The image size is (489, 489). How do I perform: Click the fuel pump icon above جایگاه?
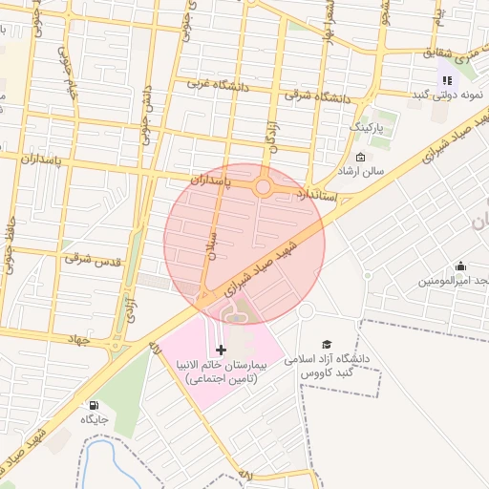tap(93, 404)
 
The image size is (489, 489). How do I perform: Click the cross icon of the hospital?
tap(222, 350)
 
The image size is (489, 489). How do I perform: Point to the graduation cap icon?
tap(328, 344)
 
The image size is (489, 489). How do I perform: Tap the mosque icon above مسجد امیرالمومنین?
tap(461, 266)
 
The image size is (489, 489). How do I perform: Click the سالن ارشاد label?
tap(359, 172)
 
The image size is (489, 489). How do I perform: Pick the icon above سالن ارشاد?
tap(360, 158)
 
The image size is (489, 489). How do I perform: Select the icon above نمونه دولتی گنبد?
tap(446, 80)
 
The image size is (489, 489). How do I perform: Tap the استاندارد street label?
tap(318, 194)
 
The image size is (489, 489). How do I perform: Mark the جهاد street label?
tap(77, 339)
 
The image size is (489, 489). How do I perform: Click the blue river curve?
tap(93, 457)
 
